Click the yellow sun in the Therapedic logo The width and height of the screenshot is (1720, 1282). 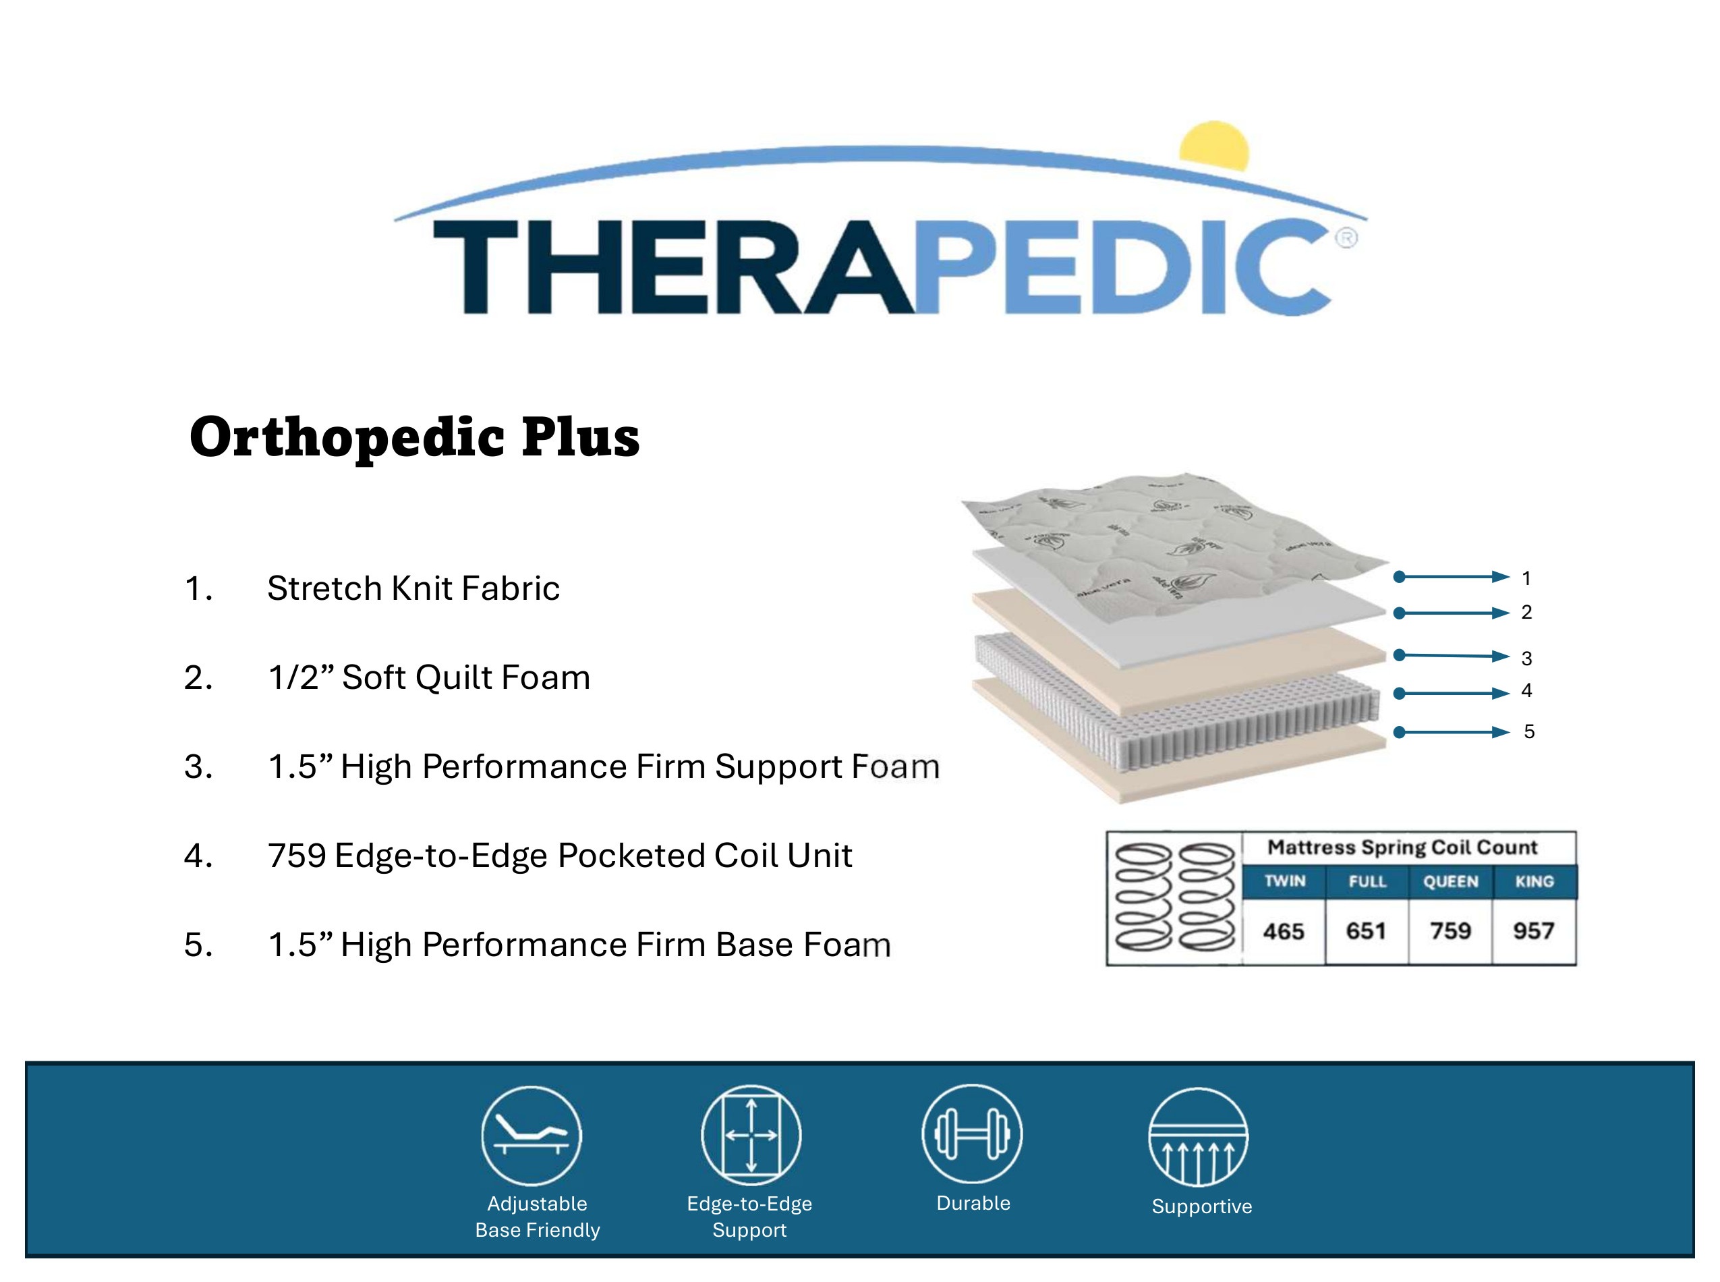click(1214, 145)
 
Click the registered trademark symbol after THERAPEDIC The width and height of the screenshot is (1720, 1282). click(1346, 238)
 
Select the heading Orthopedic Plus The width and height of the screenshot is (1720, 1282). click(414, 438)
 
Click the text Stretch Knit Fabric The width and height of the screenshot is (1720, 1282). click(413, 588)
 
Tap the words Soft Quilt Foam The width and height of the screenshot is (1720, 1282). click(466, 677)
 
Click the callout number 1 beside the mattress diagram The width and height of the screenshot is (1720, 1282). click(1526, 578)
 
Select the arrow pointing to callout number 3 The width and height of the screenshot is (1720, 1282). click(1451, 656)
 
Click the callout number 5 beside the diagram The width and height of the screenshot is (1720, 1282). click(1529, 732)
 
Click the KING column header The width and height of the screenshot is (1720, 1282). click(1535, 882)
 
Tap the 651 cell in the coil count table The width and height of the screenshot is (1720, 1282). click(1367, 930)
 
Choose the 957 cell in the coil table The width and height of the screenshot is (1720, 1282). click(1534, 930)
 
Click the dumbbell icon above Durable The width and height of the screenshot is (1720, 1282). click(972, 1134)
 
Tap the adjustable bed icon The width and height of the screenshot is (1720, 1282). click(532, 1136)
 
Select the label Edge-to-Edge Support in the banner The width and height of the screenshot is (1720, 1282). click(749, 1217)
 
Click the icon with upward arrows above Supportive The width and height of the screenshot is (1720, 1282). click(1198, 1137)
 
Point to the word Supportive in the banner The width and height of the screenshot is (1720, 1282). click(1202, 1206)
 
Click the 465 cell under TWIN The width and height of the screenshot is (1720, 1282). click(1284, 930)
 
